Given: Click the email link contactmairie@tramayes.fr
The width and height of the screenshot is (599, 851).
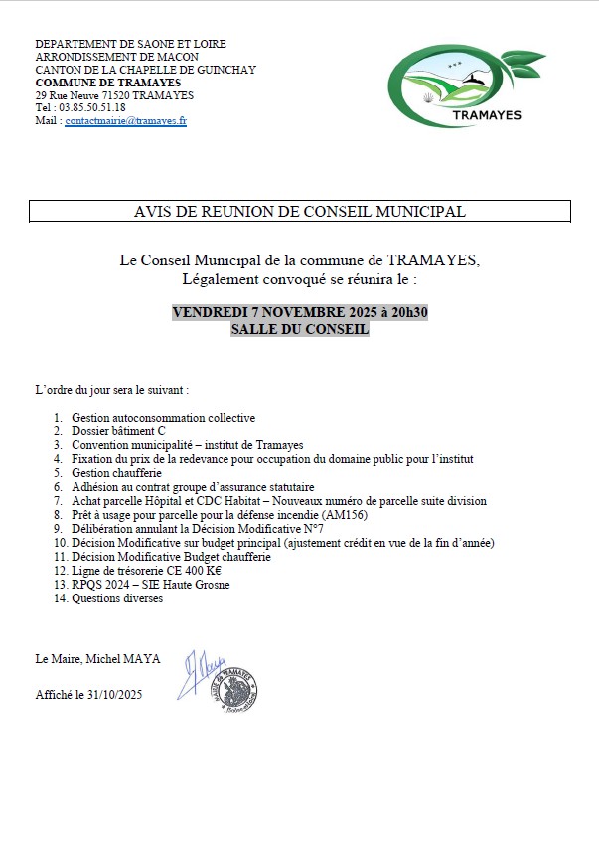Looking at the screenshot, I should click(x=126, y=120).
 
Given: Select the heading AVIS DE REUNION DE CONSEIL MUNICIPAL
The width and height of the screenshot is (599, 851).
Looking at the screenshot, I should click(x=299, y=211).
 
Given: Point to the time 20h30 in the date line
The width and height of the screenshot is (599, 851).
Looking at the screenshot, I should click(x=405, y=312).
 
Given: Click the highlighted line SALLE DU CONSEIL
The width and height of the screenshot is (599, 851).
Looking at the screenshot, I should click(x=299, y=328).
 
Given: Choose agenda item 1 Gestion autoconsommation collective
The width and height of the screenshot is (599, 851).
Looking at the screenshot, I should click(x=163, y=418).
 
